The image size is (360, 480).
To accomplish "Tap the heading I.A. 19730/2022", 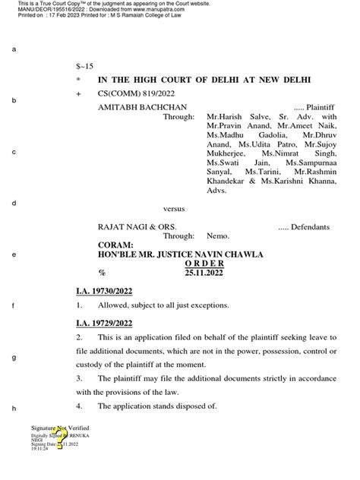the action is [105, 290].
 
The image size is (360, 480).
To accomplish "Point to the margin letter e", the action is [14, 254].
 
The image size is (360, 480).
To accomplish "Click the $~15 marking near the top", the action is [84, 67].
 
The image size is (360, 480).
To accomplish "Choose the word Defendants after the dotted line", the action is [308, 227].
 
